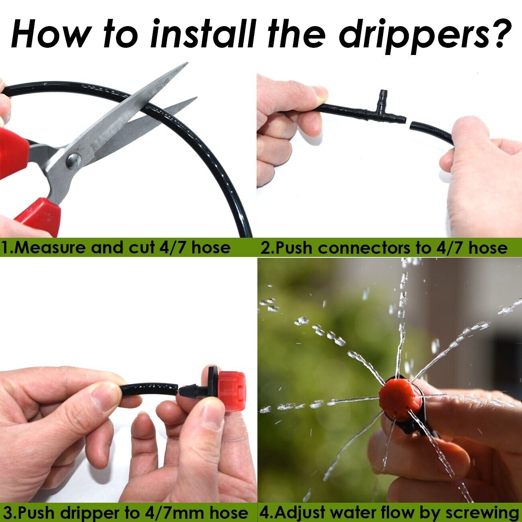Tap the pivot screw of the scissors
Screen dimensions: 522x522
74,160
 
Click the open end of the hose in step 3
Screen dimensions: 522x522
175,388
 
